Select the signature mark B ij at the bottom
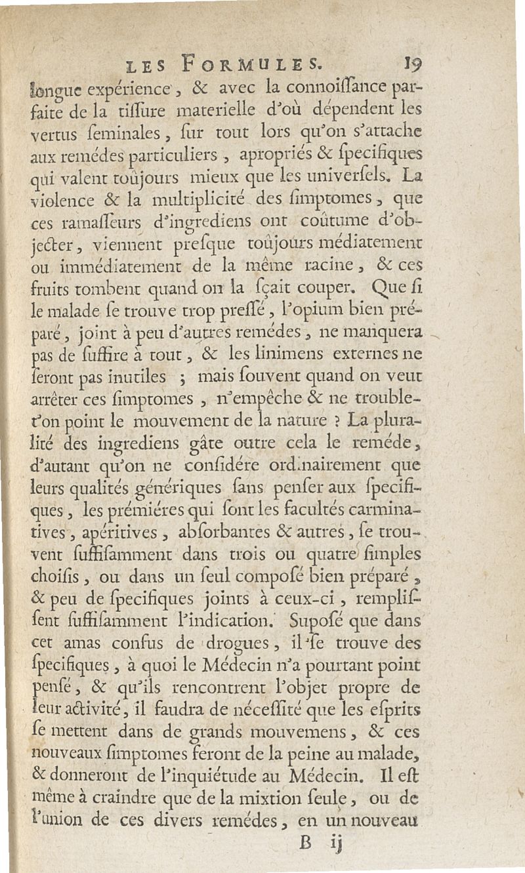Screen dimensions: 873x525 (320, 840)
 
